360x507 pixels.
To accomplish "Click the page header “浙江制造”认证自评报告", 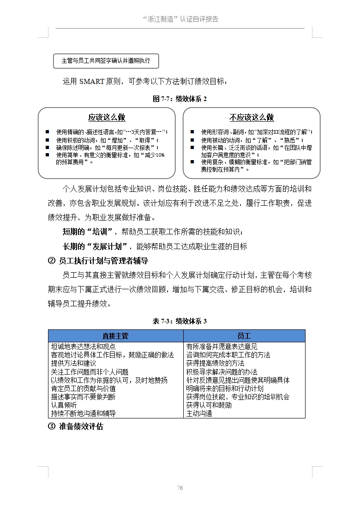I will tap(180, 19).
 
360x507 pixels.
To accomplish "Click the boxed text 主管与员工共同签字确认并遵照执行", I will tap(106, 60).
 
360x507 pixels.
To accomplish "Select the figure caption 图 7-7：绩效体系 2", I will tap(180, 99).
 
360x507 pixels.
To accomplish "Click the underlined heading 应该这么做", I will tap(107, 117).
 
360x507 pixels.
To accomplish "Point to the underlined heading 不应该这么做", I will tap(252, 117).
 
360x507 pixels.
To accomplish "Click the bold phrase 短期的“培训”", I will tap(87, 231).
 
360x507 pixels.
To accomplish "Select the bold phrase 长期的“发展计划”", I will tap(98, 246).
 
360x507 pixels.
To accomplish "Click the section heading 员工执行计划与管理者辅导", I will tap(103, 261).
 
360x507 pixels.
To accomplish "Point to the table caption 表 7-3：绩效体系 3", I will tap(180, 321).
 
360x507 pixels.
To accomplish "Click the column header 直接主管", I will tap(115, 336).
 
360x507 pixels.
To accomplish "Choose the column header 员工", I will tap(244, 336).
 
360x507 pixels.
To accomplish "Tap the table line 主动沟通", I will tap(199, 413).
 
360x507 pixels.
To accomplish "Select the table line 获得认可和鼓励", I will tap(209, 405).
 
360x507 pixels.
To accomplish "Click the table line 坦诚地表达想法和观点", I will tap(83, 346).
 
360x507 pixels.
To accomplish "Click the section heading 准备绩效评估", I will tap(81, 426).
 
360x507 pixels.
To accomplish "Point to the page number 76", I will tap(180, 488).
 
